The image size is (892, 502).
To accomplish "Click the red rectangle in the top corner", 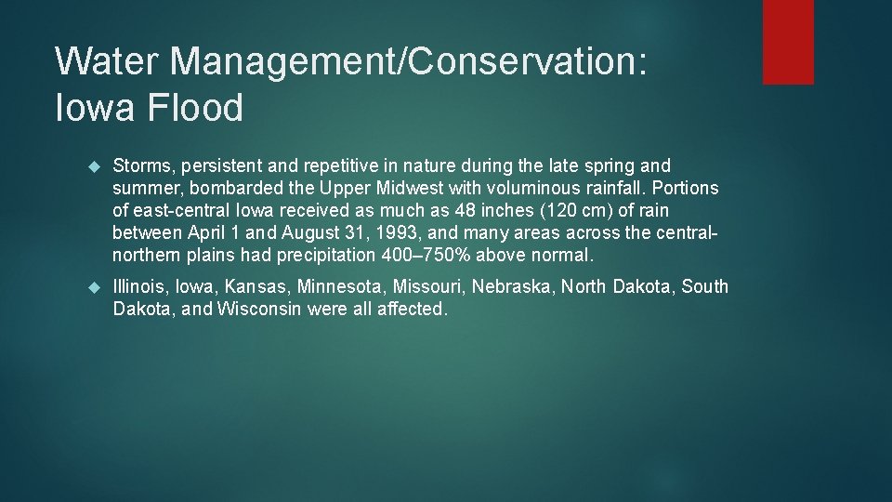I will coord(788,42).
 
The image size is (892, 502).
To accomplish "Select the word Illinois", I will coord(139,287).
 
